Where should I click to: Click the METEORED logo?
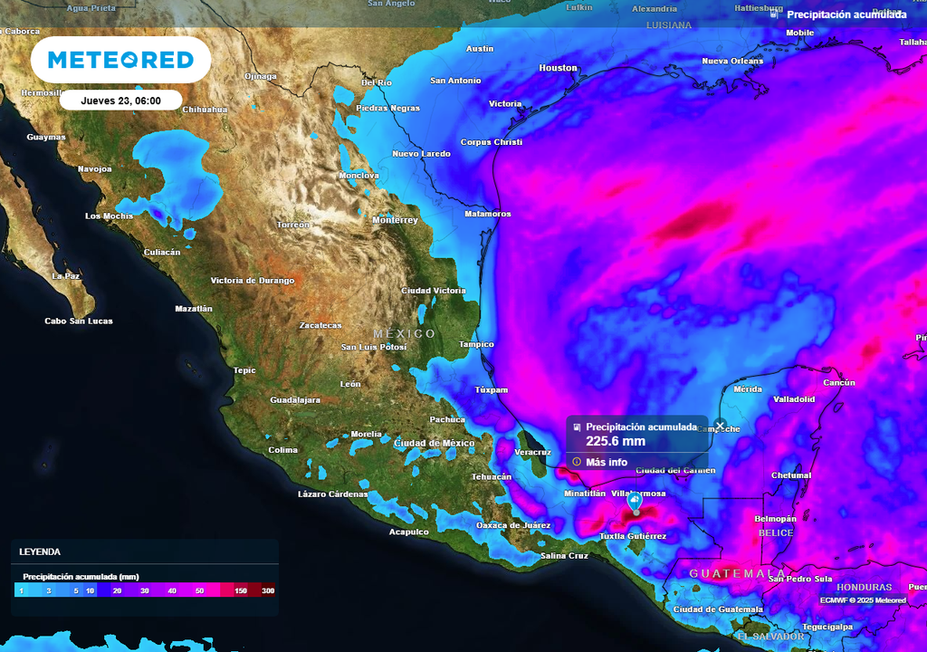click(x=120, y=60)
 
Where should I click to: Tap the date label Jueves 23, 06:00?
click(x=120, y=101)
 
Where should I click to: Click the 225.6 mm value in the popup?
click(x=616, y=442)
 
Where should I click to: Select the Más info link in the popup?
click(x=606, y=462)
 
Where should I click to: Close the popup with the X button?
click(x=720, y=425)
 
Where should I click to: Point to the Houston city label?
click(x=558, y=68)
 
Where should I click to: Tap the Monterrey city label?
click(x=396, y=220)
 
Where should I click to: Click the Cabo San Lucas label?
click(x=79, y=321)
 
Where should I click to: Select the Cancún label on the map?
click(x=839, y=382)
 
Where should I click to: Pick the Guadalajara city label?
click(x=295, y=399)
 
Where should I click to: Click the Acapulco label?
click(x=408, y=532)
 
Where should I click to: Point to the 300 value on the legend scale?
click(x=268, y=590)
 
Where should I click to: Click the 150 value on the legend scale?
click(x=242, y=590)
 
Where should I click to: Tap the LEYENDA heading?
click(x=40, y=551)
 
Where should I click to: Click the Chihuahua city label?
click(x=205, y=110)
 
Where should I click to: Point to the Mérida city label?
click(x=748, y=389)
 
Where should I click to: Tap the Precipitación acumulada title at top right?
click(x=846, y=14)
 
